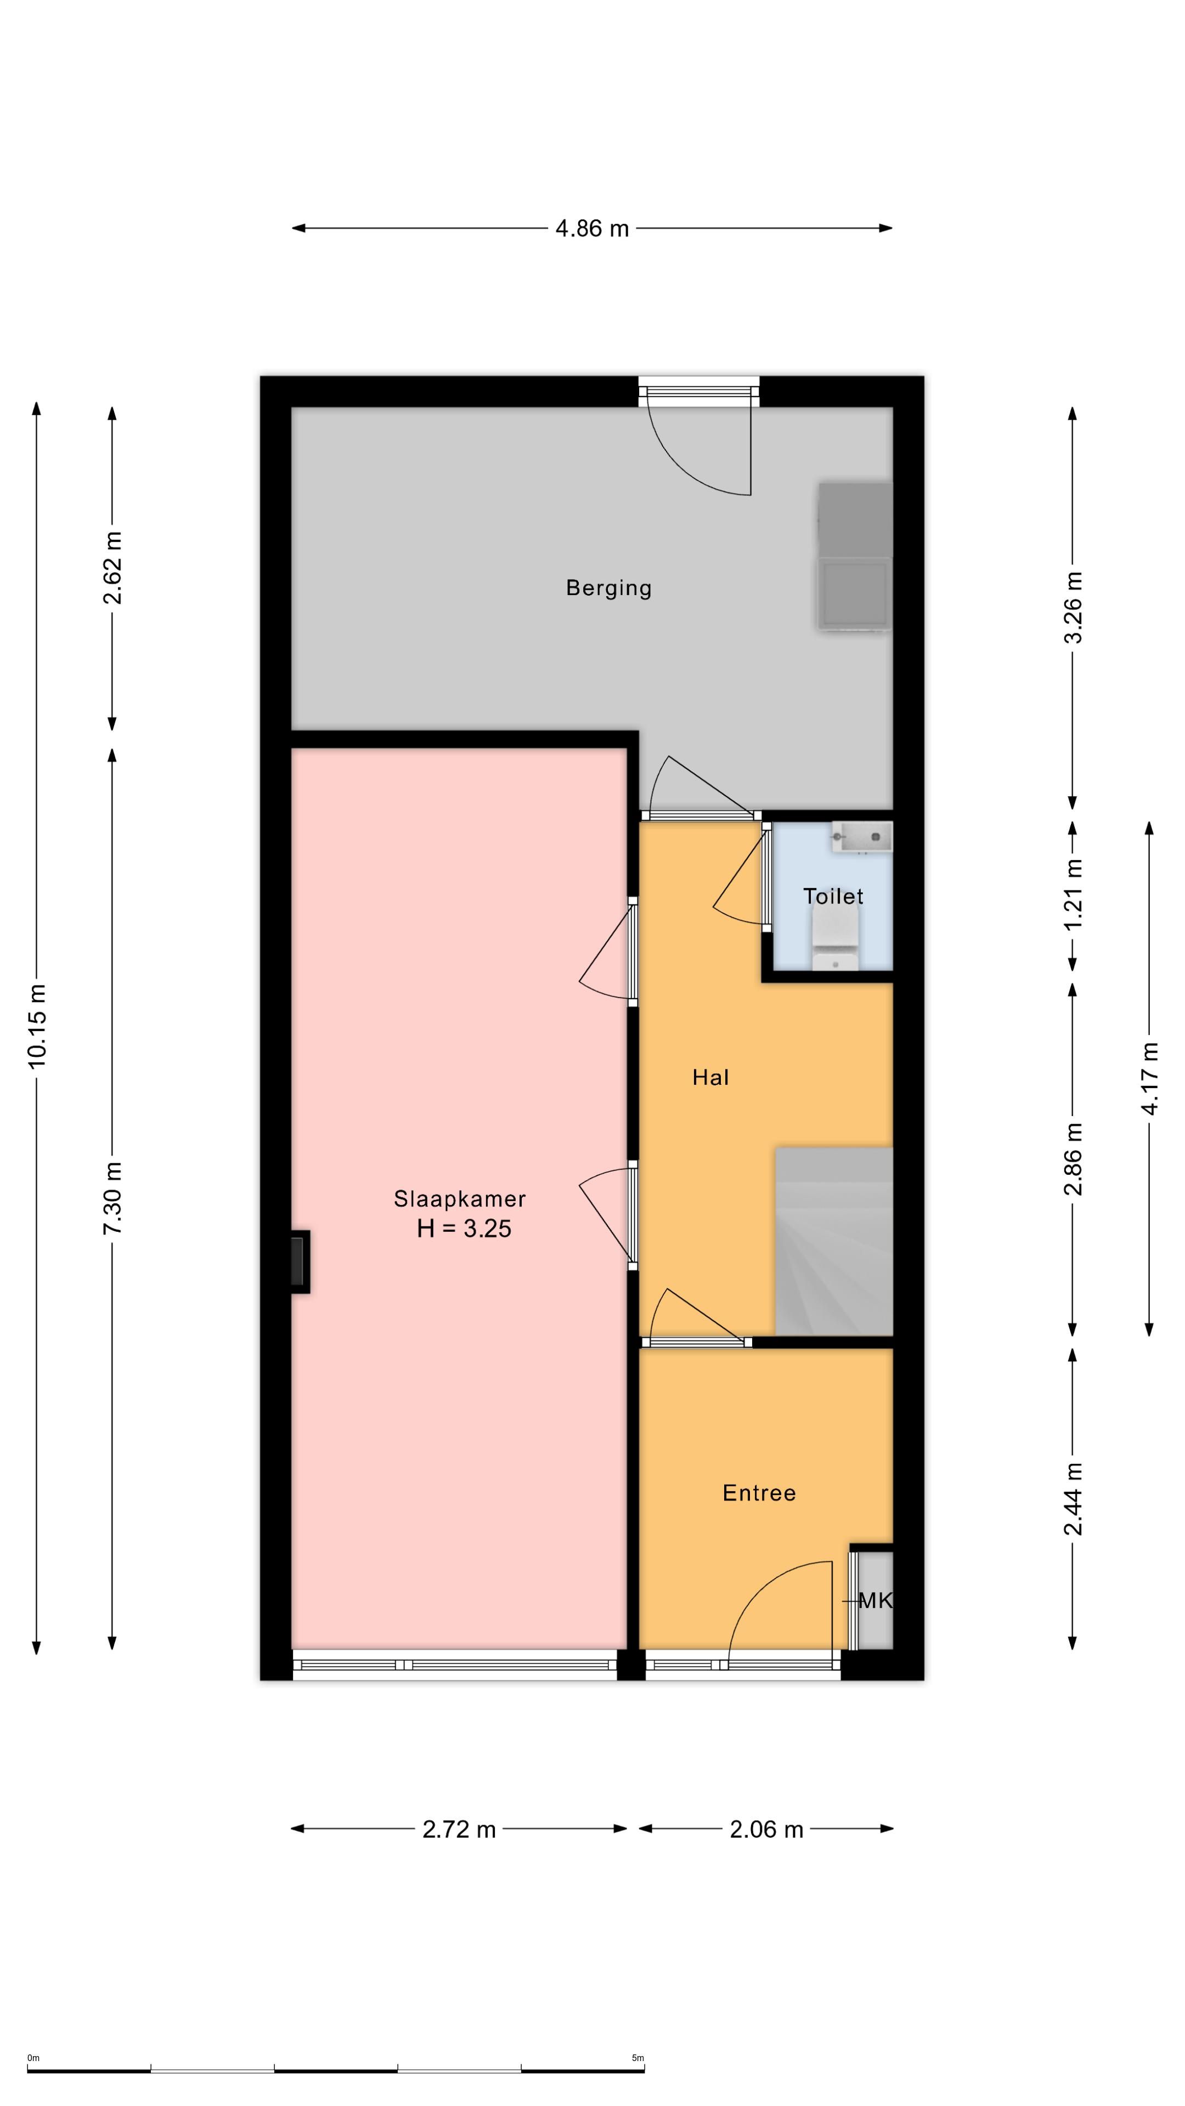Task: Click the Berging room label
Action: point(608,588)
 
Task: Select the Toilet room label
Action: point(833,896)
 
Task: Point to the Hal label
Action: point(710,1078)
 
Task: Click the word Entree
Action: point(759,1493)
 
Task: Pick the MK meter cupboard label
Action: point(875,1617)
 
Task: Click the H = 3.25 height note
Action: point(464,1228)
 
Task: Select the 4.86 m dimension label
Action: point(592,228)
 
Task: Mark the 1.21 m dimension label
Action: point(1073,893)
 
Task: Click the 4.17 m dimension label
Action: point(1150,1078)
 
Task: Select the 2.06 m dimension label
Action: point(766,1829)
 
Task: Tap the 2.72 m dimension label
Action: point(459,1829)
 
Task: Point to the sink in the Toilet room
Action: point(862,837)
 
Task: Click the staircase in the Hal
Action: point(833,1241)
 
